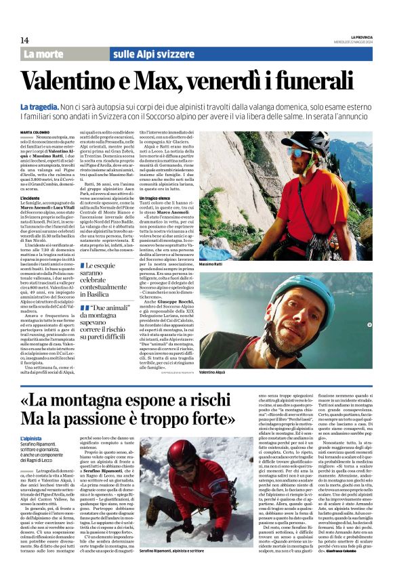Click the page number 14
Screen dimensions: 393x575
24,41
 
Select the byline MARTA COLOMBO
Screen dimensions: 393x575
35,131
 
